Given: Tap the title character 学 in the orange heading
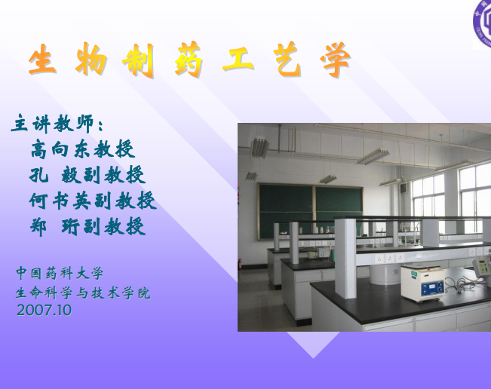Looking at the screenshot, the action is pos(335,60).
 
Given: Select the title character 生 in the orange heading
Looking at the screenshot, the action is pos(42,59).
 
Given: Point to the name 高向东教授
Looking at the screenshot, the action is pos(83,149).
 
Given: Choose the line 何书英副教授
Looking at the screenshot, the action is pos(93,201).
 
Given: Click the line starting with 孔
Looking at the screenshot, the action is pos(87,175).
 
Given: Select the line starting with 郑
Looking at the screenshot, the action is pos(87,226).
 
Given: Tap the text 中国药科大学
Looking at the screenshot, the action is pos(60,273).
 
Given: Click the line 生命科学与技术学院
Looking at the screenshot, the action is pos(83,293).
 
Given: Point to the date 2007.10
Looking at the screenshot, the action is pos(44,310).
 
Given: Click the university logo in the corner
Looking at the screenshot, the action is pos(482,23).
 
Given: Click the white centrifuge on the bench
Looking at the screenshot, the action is pos(422,283).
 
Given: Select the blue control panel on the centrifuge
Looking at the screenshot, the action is pos(432,288).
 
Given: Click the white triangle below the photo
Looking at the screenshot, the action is pos(313,343).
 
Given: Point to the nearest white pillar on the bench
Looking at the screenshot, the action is pos(345,258).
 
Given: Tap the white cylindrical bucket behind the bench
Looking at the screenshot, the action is pos(385,274).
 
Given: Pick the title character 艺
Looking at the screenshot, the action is pos(287,60).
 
